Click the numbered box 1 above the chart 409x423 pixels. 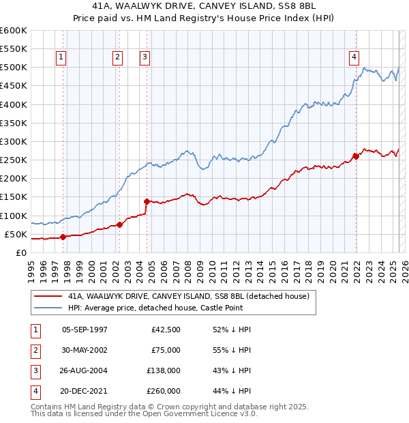(x=61, y=58)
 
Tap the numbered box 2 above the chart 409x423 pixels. (x=118, y=58)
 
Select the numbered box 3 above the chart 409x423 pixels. (x=145, y=58)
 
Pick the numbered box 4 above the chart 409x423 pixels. (x=354, y=58)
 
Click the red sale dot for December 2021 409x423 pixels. (x=356, y=156)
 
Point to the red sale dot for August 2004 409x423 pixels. (x=147, y=201)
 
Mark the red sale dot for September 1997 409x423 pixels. (x=63, y=237)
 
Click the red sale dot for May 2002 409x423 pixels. (x=119, y=224)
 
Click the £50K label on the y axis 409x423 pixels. (x=16, y=234)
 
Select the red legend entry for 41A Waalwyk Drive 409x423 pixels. (x=189, y=296)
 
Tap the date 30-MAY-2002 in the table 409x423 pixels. (x=85, y=351)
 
